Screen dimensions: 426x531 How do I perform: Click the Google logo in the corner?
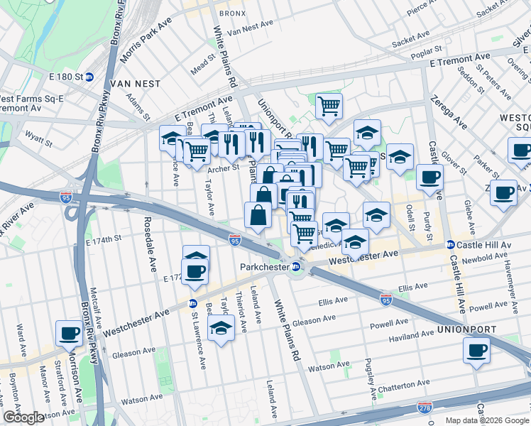coord(23,417)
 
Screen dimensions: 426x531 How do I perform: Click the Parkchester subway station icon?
coord(297,267)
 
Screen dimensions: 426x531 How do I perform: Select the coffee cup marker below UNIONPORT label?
coord(476,349)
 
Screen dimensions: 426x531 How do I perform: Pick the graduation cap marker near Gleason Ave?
coord(221,328)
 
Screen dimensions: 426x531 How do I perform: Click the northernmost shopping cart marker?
coord(329,106)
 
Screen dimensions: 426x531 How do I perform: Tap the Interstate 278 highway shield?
coord(425,406)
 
